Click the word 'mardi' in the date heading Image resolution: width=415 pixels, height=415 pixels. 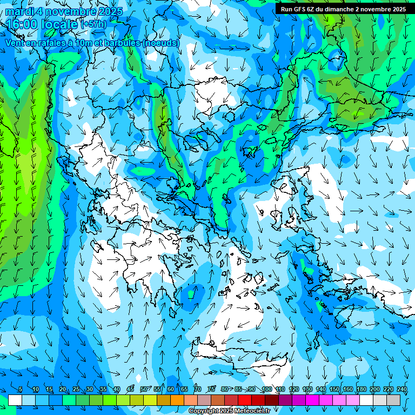pos(19,11)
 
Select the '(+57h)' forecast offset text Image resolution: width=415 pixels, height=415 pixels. pos(93,24)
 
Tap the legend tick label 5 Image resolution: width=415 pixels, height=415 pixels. pos(21,389)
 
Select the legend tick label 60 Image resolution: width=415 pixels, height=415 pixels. pos(170,389)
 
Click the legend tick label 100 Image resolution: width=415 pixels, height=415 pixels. pos(266,389)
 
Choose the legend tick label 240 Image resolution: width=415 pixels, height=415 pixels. pos(401,389)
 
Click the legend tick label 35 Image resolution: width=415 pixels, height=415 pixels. pos(103,389)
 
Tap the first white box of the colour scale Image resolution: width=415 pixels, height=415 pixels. pos(15,400)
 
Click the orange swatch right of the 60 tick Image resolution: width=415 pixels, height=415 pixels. pos(177,400)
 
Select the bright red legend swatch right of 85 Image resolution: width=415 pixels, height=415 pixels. pos(245,400)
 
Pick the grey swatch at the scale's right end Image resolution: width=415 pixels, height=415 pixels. pos(393,400)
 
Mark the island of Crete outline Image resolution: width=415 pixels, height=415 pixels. pos(238,346)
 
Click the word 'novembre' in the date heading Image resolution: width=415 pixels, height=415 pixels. pos(76,11)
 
